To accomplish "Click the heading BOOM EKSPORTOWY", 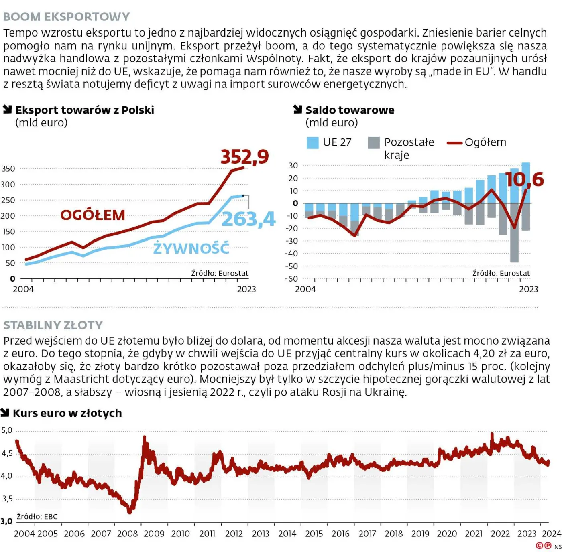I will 67,17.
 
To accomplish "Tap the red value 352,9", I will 244,157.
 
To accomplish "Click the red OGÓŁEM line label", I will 93,215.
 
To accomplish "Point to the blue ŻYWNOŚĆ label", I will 191,248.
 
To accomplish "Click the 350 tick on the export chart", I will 8,169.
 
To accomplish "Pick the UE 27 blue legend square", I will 312,143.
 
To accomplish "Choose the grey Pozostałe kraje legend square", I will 374,143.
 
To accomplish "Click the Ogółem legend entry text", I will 485,142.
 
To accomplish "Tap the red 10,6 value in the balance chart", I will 524,179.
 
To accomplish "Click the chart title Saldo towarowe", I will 350,110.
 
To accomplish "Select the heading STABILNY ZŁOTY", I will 53,325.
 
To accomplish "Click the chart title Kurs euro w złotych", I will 67,413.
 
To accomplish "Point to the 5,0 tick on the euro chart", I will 7,430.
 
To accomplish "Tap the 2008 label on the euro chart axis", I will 127,534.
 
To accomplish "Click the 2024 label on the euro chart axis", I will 551,534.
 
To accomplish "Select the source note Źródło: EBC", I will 37,517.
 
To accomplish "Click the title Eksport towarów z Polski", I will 84,110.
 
